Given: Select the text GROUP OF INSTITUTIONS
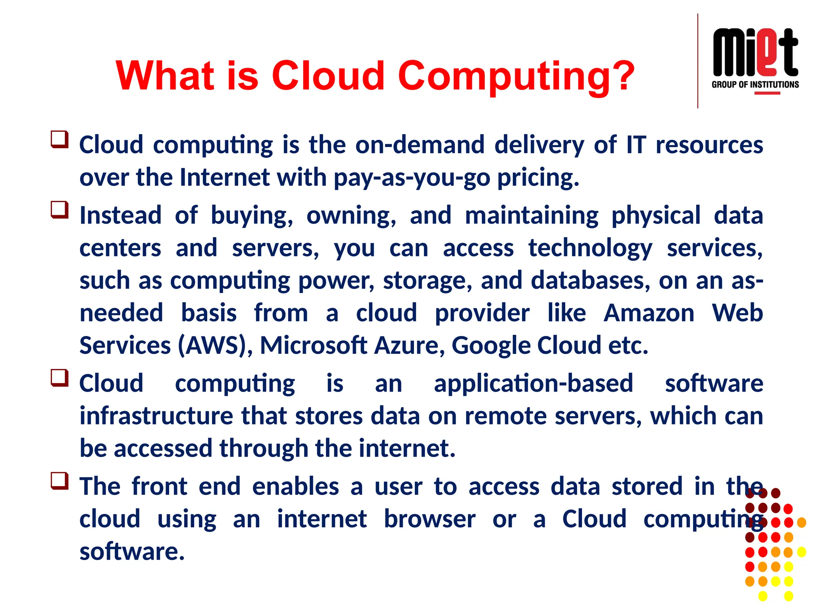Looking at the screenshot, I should click(x=755, y=85).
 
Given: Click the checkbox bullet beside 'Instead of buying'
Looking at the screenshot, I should click(x=60, y=210).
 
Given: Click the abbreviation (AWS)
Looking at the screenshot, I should click(x=215, y=346).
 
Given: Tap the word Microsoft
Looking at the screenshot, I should click(x=313, y=346).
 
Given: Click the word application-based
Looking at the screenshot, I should click(x=533, y=384).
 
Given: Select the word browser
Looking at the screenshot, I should click(x=430, y=519).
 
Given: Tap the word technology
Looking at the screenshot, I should click(x=590, y=249).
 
